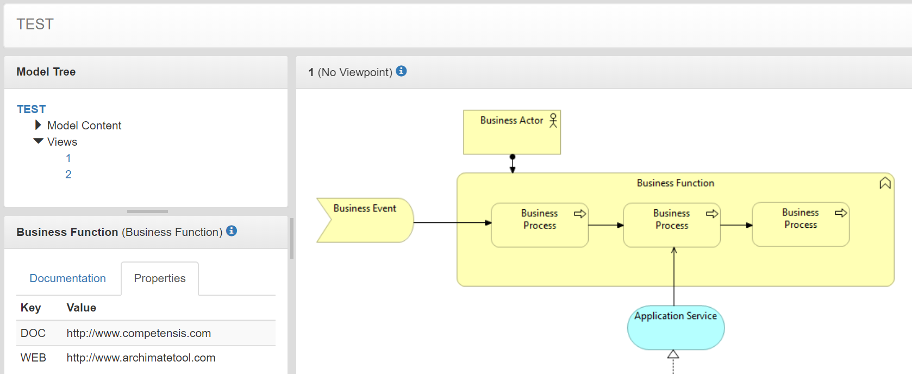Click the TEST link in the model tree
click(x=31, y=109)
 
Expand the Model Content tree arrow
click(x=38, y=125)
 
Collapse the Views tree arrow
click(x=38, y=141)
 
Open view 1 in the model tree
click(x=68, y=158)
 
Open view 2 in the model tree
click(x=68, y=174)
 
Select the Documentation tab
click(x=67, y=278)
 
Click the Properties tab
click(x=160, y=278)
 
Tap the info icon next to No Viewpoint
click(x=401, y=71)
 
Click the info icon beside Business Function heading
click(x=232, y=231)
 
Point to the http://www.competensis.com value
click(x=139, y=333)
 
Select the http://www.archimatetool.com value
click(x=141, y=358)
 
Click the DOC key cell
click(x=33, y=333)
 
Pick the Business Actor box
click(x=511, y=136)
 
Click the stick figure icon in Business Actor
click(x=553, y=120)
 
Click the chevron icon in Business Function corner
click(x=885, y=183)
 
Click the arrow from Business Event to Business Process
click(x=451, y=222)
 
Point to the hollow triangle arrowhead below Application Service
click(x=673, y=354)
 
